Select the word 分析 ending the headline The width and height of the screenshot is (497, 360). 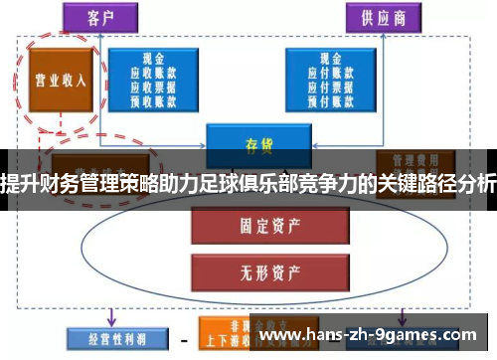pos(475,180)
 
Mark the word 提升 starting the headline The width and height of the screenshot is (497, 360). pos(20,180)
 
